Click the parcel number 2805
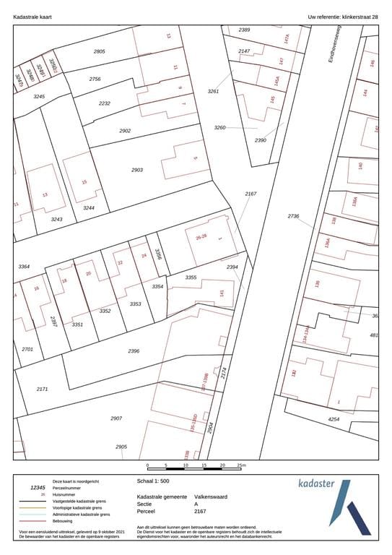(x=99, y=51)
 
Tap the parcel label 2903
(x=137, y=170)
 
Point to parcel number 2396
(x=134, y=351)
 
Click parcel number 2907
(x=116, y=418)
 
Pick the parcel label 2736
(x=293, y=216)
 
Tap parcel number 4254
(x=334, y=419)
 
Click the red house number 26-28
(x=201, y=236)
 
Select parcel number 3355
(x=191, y=277)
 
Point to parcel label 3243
(x=56, y=219)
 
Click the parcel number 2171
(x=42, y=389)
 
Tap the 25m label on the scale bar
(x=241, y=465)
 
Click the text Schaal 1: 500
(x=153, y=480)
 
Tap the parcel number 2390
(x=261, y=139)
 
